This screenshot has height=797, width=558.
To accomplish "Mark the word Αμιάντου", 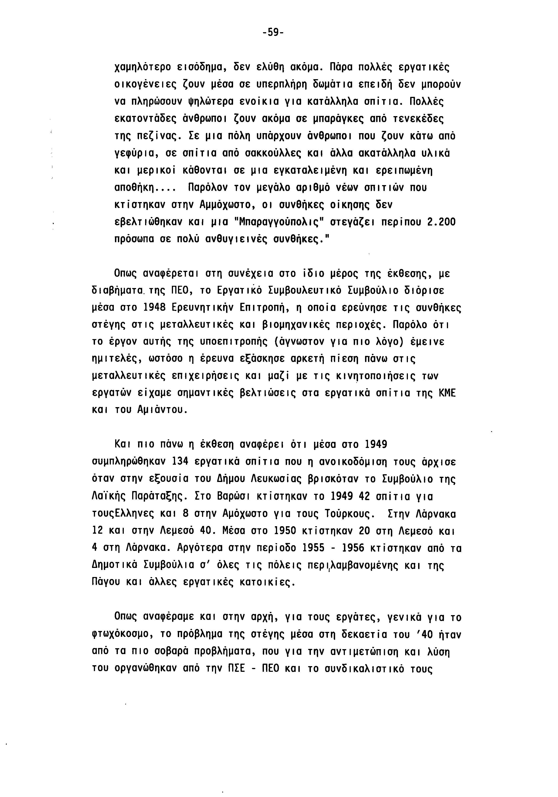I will click(x=162, y=410).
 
